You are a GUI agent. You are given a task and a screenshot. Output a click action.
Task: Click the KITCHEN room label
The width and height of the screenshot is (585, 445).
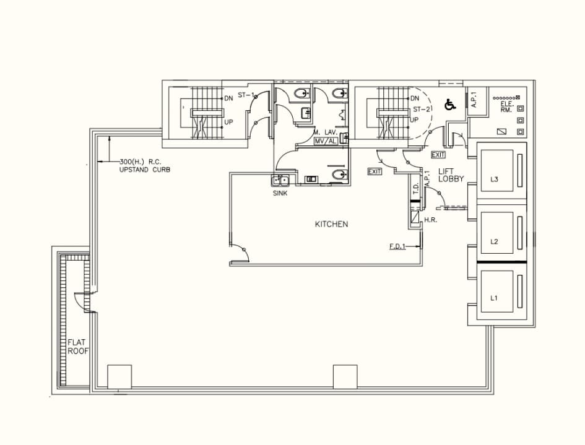[x=331, y=224]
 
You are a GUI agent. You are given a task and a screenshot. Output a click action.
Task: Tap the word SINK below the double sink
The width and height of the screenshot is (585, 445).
[x=280, y=193]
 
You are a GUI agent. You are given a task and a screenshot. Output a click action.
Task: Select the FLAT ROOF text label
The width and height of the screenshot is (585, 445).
[x=79, y=346]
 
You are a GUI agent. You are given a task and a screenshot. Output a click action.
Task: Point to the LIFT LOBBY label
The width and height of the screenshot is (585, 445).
[x=451, y=175]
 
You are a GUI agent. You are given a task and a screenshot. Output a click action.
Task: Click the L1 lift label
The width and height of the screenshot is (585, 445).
[x=494, y=298]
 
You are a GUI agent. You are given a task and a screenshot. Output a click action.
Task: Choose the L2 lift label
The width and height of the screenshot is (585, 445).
[x=494, y=241]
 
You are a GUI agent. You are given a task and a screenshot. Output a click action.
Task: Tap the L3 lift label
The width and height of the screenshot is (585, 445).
[x=494, y=180]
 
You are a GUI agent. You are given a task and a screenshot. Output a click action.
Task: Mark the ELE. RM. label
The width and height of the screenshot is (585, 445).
[x=507, y=107]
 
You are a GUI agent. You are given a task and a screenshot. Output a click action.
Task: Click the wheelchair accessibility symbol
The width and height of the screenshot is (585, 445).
[x=450, y=105]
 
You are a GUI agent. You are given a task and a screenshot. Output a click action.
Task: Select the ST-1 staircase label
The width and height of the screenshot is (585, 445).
[x=246, y=95]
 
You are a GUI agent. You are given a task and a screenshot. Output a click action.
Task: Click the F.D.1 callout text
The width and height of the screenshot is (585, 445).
[x=397, y=246]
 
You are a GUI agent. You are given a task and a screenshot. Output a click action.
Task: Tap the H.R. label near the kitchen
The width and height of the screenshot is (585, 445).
[x=431, y=220]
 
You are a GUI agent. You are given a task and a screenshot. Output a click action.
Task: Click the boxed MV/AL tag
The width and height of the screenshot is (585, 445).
[x=326, y=141]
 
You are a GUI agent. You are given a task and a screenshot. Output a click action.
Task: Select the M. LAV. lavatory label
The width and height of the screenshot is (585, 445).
[x=325, y=132]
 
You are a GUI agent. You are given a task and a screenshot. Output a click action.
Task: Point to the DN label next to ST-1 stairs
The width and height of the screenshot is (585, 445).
[x=228, y=98]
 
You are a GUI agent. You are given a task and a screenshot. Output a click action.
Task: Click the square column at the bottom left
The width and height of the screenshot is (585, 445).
[x=119, y=377]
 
